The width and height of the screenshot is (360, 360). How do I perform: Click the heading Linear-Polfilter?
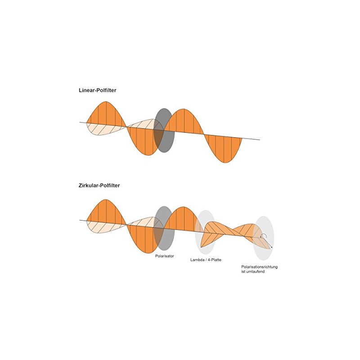point(97,90)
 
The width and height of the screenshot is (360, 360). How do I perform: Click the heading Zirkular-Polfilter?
point(99,185)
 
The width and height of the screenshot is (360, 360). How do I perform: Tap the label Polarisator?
point(164,256)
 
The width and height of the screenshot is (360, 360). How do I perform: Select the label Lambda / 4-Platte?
point(206,260)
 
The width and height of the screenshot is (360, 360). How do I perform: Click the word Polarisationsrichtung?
point(260,267)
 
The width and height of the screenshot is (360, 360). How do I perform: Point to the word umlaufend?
point(255,272)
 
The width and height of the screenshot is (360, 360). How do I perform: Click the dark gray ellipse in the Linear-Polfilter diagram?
point(164,130)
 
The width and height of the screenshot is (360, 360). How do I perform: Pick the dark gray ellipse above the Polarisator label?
point(164,229)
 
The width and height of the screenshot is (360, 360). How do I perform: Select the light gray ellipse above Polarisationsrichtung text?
point(263,238)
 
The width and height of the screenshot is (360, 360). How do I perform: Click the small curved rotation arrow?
point(264,234)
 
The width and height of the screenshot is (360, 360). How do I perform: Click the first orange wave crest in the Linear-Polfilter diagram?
point(106,114)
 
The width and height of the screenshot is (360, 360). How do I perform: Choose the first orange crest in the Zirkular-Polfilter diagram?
point(106,211)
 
